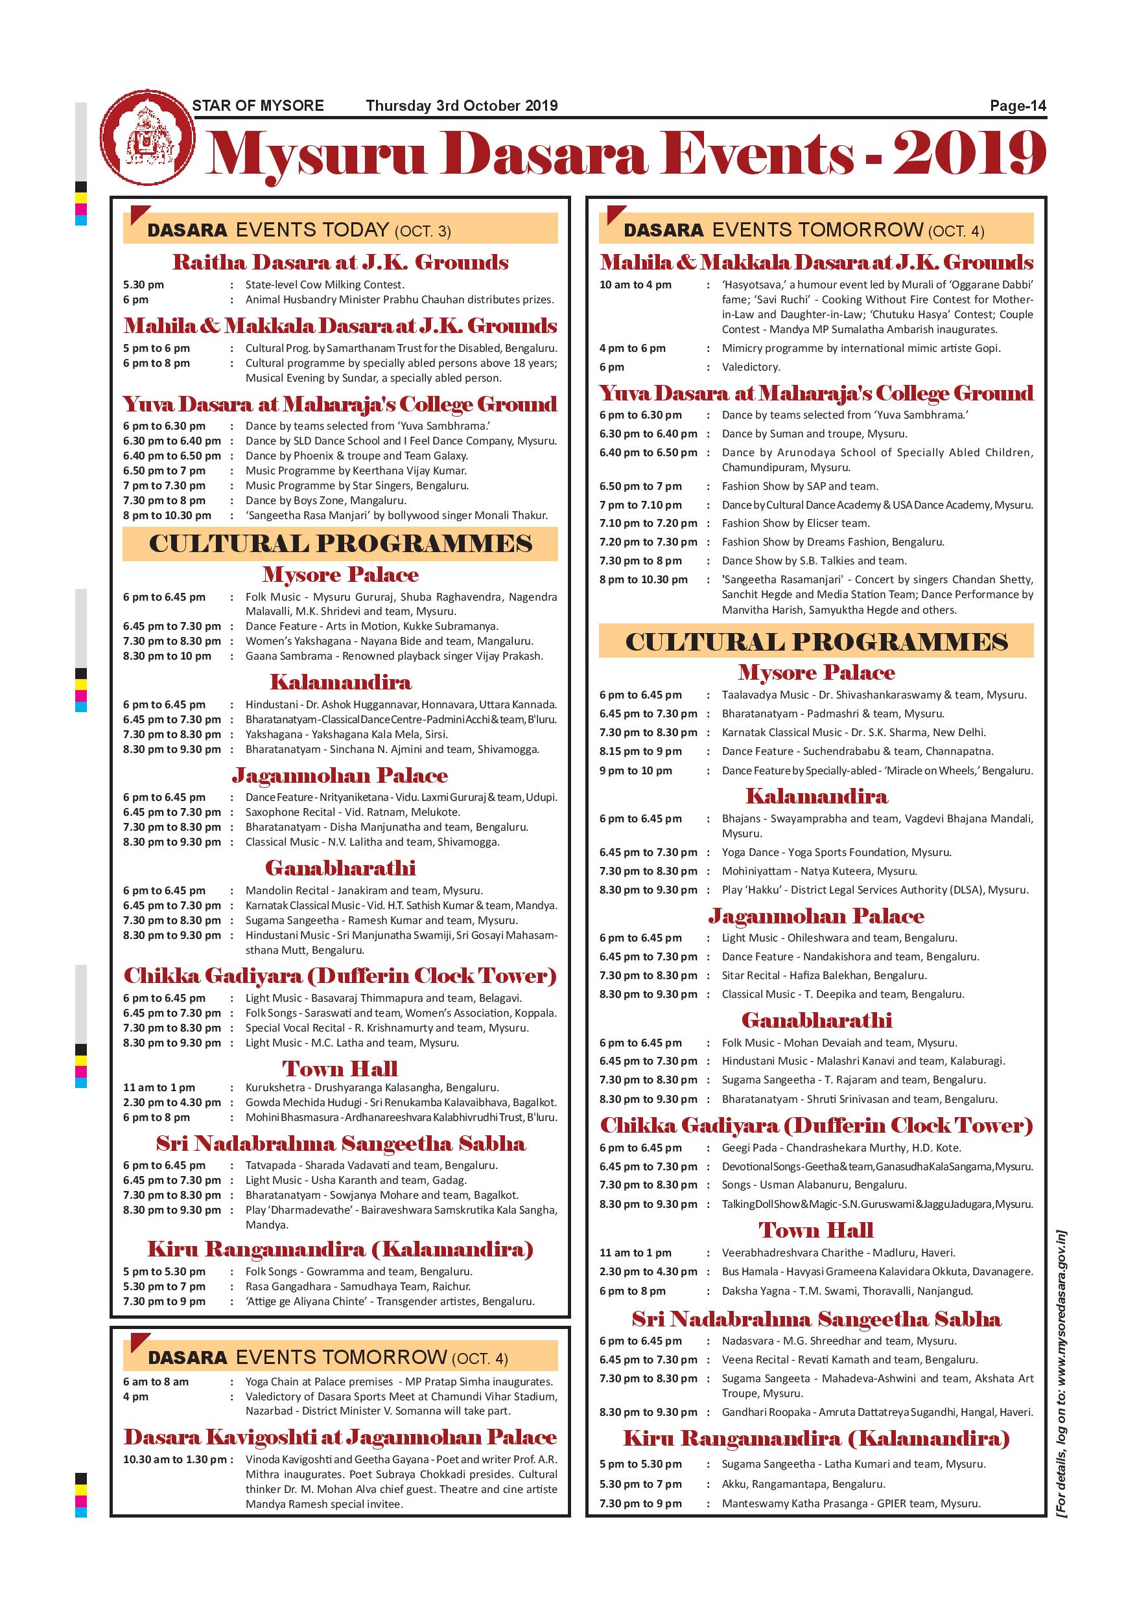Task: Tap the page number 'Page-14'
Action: pyautogui.click(x=1017, y=106)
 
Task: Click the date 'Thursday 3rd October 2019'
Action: pyautogui.click(x=462, y=106)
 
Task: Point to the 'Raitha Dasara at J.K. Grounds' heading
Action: pyautogui.click(x=340, y=262)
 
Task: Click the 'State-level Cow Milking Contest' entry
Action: pyautogui.click(x=324, y=285)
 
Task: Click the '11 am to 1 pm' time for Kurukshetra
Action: pyautogui.click(x=159, y=1088)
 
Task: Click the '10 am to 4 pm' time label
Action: pyautogui.click(x=635, y=285)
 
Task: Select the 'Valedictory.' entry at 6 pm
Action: pyautogui.click(x=751, y=367)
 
